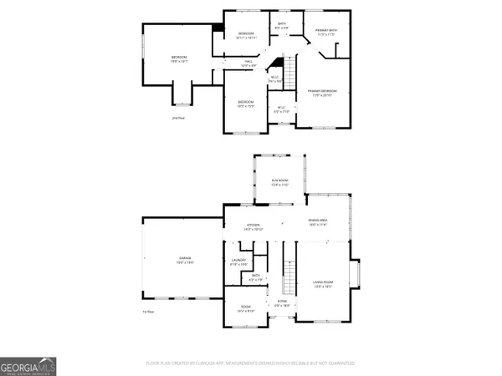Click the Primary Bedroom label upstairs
320,93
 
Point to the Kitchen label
254,226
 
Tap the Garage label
183,261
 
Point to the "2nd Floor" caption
177,118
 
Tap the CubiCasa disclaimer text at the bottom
251,363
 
